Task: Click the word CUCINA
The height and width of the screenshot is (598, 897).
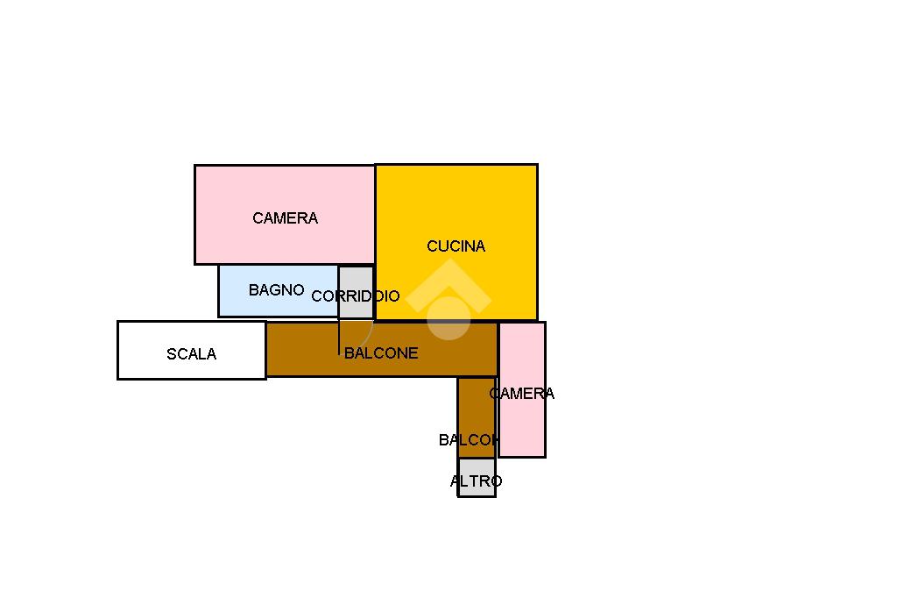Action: (x=456, y=246)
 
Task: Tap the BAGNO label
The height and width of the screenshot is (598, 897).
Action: (x=276, y=290)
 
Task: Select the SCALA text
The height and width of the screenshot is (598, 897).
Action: (x=191, y=354)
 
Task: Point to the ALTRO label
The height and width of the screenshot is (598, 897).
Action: (x=476, y=481)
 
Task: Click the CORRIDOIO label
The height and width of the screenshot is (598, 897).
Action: (x=356, y=296)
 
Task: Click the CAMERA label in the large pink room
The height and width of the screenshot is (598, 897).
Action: (x=285, y=218)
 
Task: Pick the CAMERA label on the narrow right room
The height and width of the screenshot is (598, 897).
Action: (x=522, y=394)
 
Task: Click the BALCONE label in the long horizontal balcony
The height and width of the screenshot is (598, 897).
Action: (x=381, y=353)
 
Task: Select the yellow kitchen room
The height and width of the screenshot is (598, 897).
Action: (x=491, y=202)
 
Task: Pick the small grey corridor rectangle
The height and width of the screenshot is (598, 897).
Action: (x=356, y=279)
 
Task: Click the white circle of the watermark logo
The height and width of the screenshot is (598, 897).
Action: (x=448, y=317)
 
